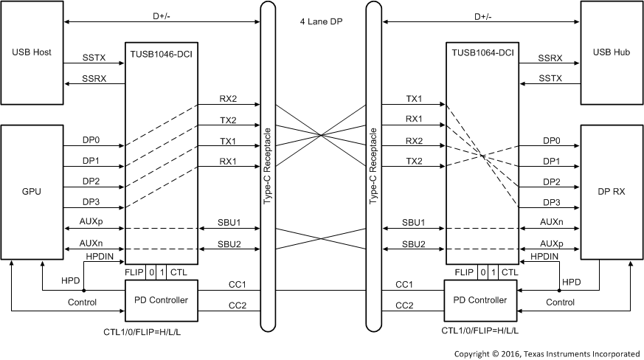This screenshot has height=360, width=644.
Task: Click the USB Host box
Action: click(x=32, y=52)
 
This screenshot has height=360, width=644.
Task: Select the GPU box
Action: click(x=32, y=191)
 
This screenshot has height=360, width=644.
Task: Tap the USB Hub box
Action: click(x=611, y=52)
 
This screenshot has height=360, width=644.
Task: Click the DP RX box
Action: click(x=611, y=191)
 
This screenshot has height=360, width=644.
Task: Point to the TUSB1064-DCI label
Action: click(x=482, y=52)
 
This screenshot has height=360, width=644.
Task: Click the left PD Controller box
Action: click(x=162, y=300)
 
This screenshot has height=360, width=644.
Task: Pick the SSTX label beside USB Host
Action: click(x=94, y=57)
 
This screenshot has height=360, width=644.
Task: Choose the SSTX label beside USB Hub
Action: click(x=550, y=77)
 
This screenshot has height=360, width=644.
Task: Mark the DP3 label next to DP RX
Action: click(x=550, y=201)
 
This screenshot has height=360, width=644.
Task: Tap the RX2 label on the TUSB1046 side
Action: click(x=228, y=98)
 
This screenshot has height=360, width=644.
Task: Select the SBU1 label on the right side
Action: click(x=412, y=222)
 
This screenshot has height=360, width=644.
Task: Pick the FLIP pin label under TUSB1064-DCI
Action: click(x=464, y=273)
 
